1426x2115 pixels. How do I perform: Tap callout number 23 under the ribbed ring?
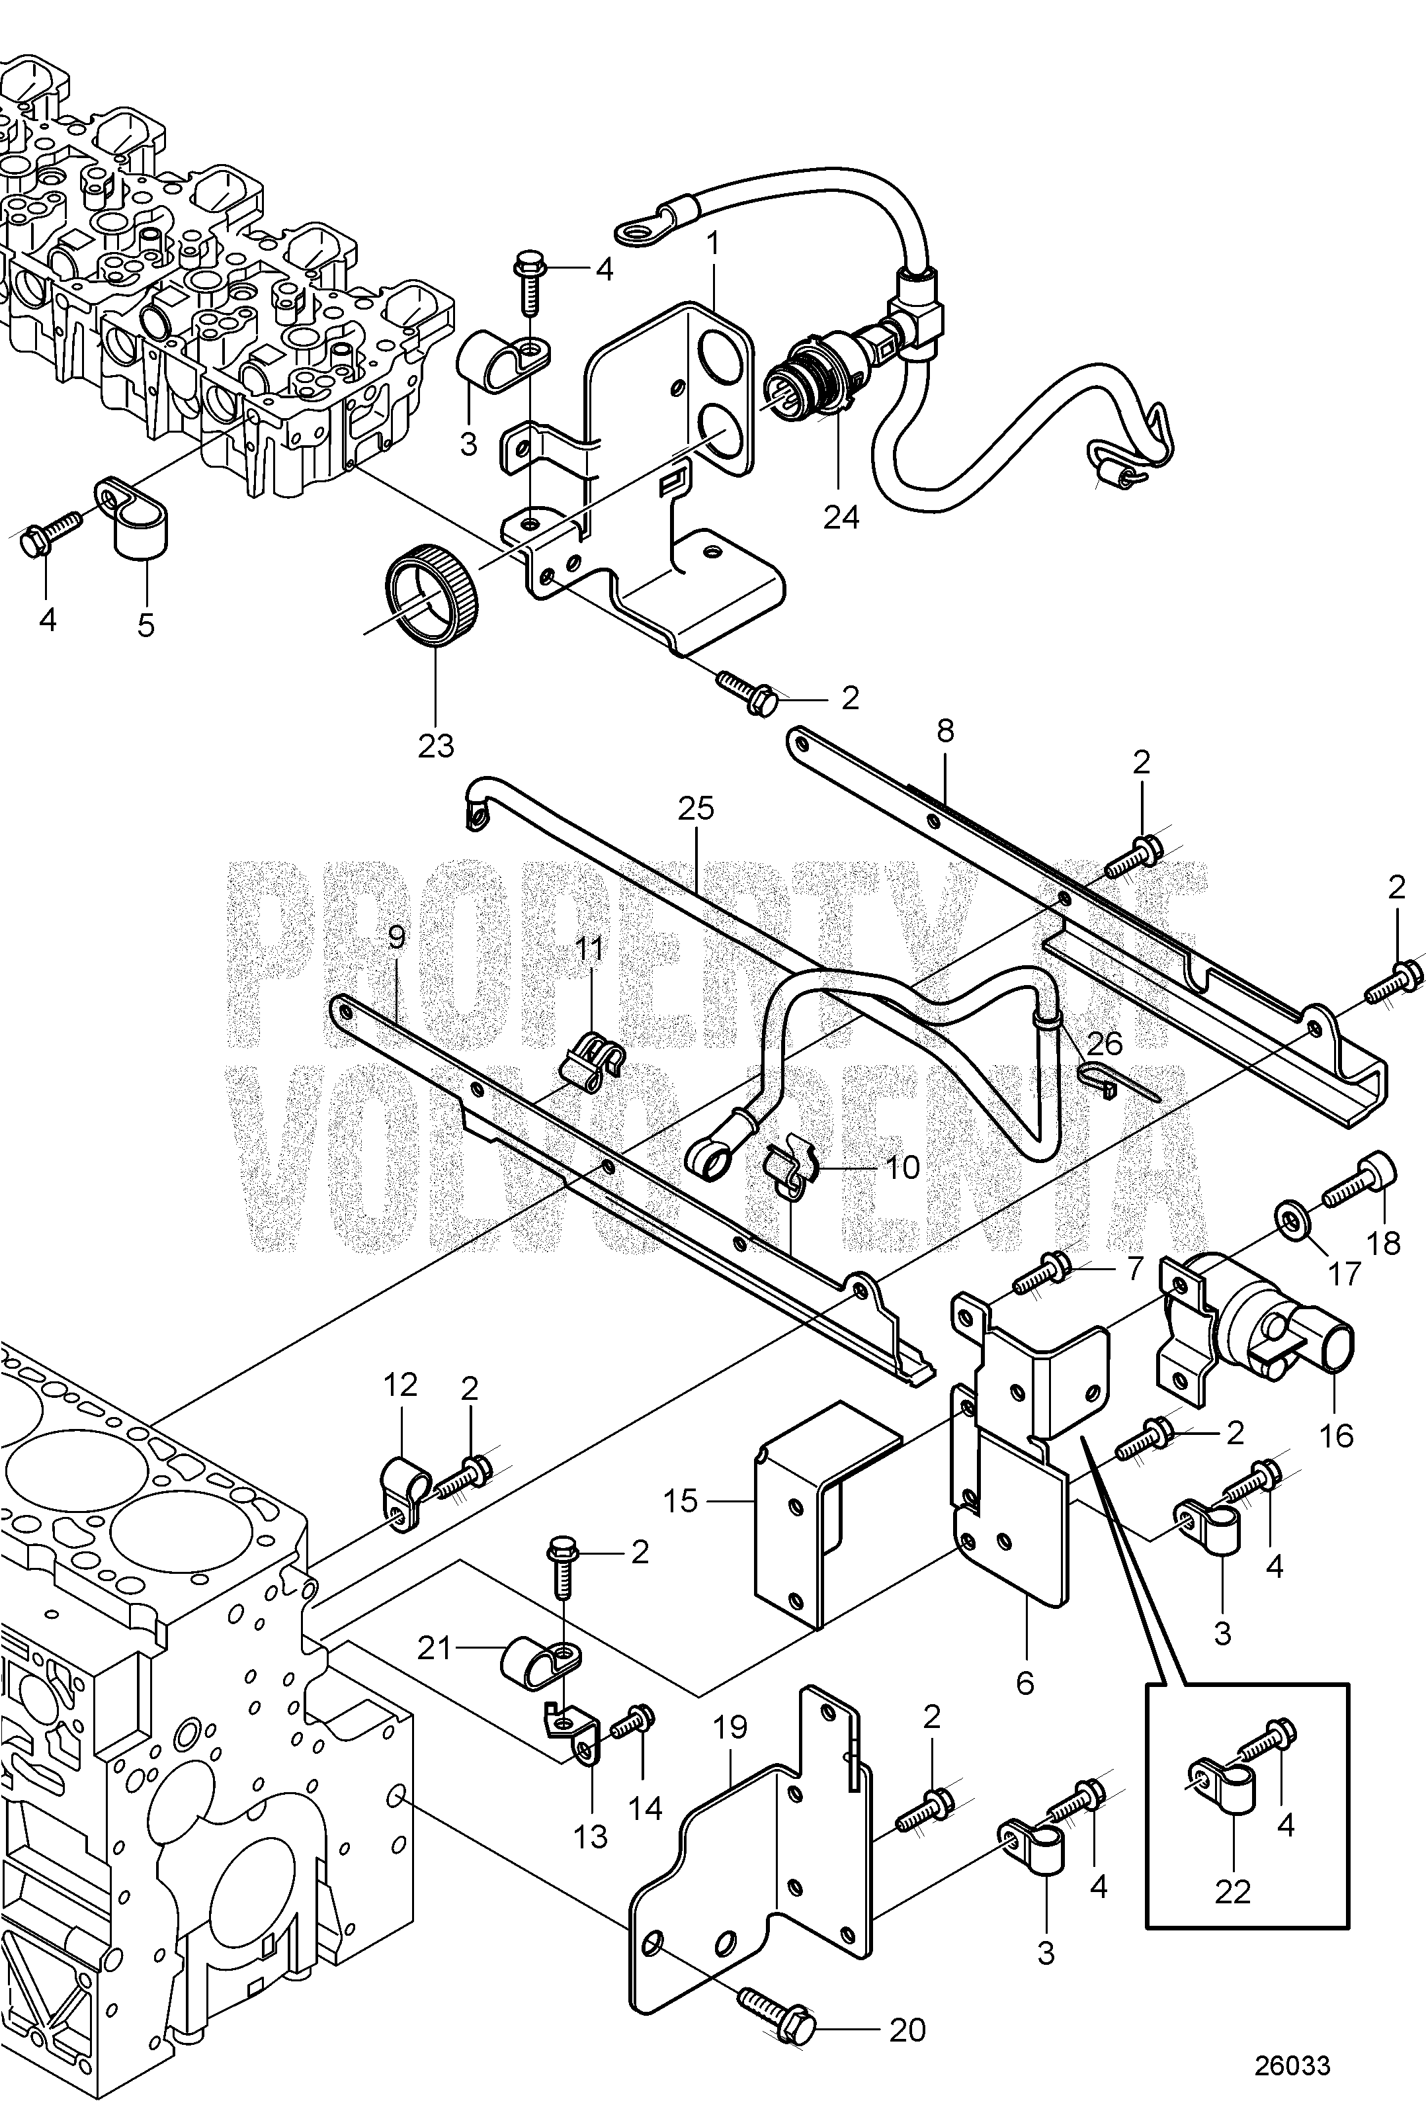click(x=436, y=746)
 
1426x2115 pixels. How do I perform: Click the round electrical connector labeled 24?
click(x=805, y=379)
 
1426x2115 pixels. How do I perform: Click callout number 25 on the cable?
click(x=696, y=808)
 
